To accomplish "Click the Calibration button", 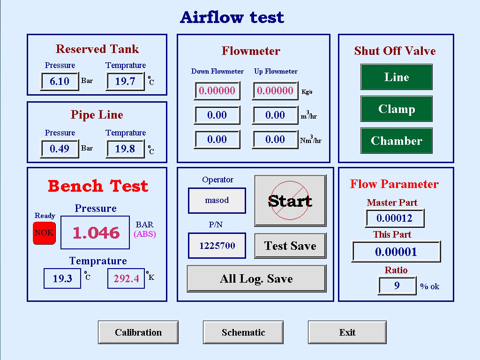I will [138, 332].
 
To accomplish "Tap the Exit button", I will [347, 332].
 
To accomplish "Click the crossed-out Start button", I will [290, 201].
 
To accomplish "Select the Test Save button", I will [290, 246].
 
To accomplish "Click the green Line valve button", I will [397, 77].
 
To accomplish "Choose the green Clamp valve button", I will [397, 109].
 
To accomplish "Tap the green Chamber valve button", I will [397, 141].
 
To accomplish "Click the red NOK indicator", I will [44, 232].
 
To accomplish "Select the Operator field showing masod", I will [217, 200].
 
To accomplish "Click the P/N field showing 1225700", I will [217, 246].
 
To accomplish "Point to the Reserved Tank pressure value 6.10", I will [60, 81].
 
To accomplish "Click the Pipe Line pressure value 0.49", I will [60, 149].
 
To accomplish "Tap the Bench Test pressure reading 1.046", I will [96, 232].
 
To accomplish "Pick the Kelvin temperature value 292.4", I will [126, 278].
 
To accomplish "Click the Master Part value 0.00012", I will [395, 218].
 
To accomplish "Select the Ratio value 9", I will [397, 285].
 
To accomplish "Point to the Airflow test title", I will [232, 17].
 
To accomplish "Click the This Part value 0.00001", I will [396, 252].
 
